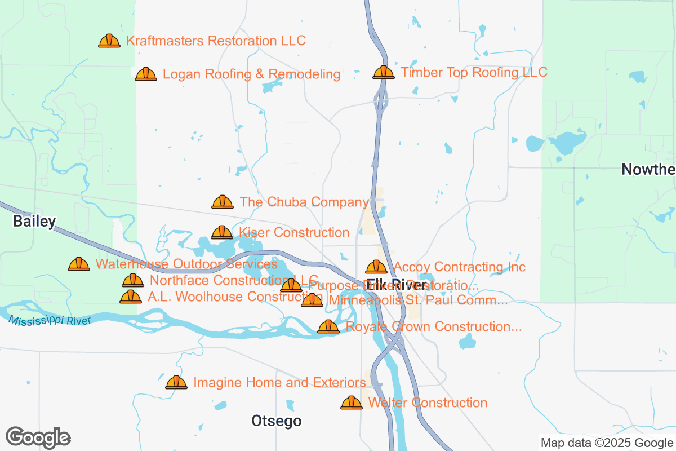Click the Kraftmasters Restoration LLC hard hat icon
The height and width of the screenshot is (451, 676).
tap(109, 41)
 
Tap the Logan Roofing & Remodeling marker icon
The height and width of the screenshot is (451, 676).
tap(146, 74)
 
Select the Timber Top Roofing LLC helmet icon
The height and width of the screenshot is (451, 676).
tap(384, 72)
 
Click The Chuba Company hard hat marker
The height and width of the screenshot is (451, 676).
tap(223, 202)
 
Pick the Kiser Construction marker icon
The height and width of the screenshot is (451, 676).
tap(222, 232)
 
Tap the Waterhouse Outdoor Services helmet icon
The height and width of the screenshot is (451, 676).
tap(79, 264)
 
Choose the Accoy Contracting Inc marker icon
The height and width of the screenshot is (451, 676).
tap(376, 267)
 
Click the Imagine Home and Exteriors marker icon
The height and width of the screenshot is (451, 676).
tap(176, 382)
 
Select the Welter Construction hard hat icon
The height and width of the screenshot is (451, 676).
tap(352, 403)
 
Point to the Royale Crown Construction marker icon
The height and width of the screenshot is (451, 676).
tap(328, 326)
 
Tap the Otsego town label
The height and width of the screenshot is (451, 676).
tap(276, 421)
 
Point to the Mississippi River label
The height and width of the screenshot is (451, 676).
tap(50, 320)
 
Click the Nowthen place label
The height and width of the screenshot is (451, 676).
tap(648, 169)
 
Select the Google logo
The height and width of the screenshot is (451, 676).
tap(38, 437)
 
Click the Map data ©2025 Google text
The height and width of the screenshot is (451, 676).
tap(607, 443)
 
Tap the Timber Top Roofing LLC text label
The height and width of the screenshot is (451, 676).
tap(474, 72)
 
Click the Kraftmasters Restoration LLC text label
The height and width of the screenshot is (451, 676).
tap(216, 41)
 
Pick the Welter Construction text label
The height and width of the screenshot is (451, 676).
tap(428, 403)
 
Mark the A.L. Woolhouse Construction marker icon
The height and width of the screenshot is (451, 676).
tap(131, 297)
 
